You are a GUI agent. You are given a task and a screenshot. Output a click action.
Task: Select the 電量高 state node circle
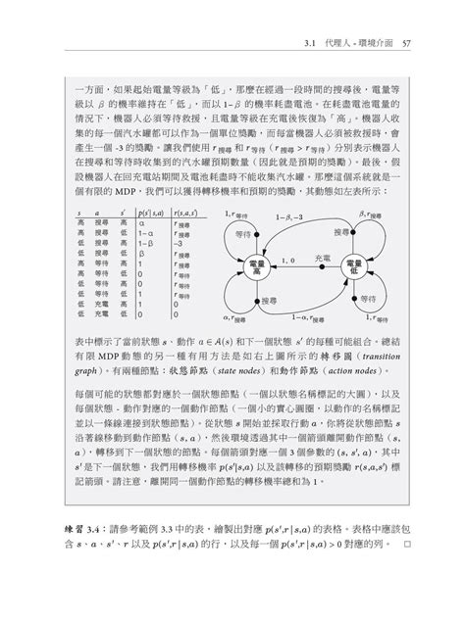pos(257,266)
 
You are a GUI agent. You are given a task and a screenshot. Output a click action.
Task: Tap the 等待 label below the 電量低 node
pos(368,298)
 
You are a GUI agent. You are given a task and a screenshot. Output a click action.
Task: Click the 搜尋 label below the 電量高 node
pos(262,300)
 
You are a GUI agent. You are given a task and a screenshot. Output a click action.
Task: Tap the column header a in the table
pos(97,212)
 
